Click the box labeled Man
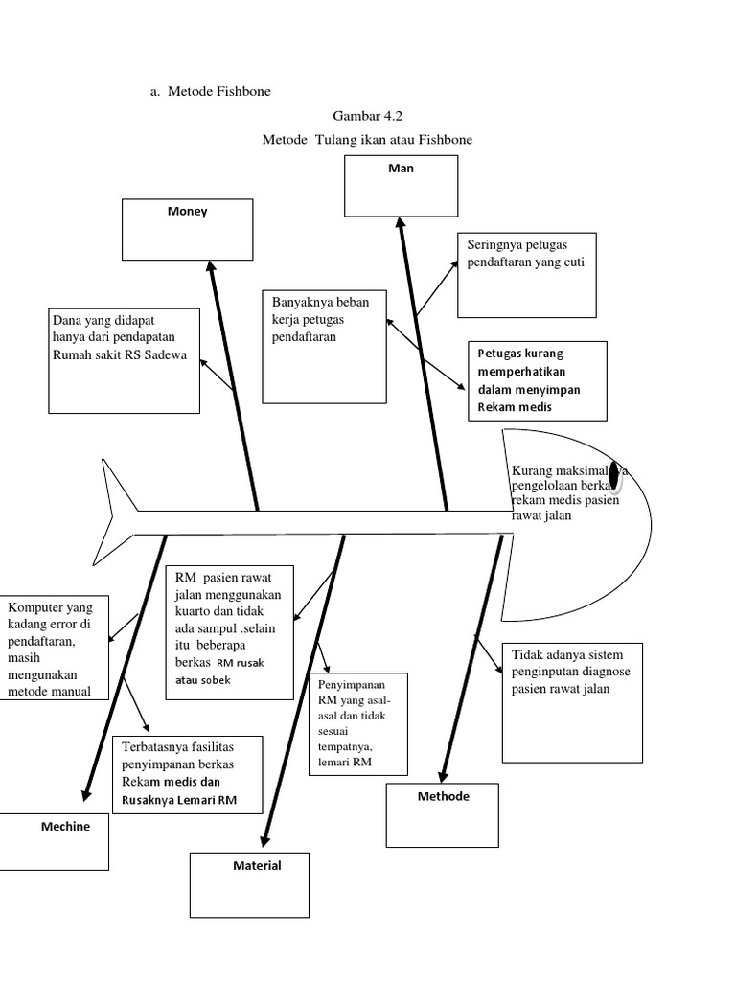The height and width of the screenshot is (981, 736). coord(401,185)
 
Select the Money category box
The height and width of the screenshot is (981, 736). coord(187,229)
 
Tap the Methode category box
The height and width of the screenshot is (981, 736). coord(443,813)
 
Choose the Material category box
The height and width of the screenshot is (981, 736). coord(249,883)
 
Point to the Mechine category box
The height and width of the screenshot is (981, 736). coord(54,840)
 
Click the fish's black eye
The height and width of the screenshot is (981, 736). coord(616,473)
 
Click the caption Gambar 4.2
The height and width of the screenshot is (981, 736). coord(361,116)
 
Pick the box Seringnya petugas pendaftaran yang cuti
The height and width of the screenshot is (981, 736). coord(526,274)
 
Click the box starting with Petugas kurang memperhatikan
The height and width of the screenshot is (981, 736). coord(537,380)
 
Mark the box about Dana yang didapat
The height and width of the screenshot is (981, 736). coord(124,360)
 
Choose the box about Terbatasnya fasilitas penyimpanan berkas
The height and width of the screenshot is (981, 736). coord(180,774)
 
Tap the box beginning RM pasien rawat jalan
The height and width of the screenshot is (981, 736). coord(228,632)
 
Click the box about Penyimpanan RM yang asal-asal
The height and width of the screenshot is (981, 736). coord(356,723)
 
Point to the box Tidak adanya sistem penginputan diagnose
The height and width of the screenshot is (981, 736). coord(571,702)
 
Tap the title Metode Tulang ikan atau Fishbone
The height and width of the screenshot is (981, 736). coord(367,140)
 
